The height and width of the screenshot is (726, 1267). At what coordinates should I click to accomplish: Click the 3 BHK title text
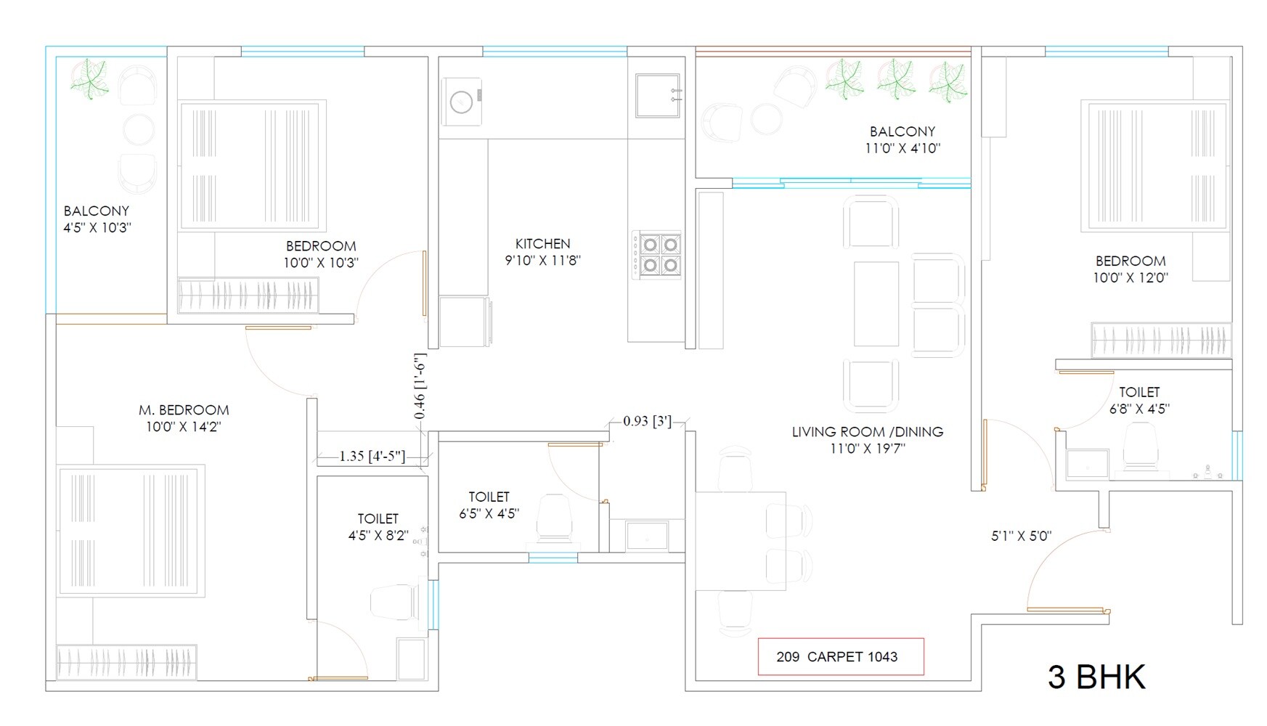(x=1096, y=677)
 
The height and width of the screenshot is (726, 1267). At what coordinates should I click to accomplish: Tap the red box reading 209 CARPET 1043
(x=840, y=657)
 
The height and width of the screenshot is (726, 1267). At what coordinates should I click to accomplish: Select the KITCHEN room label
(x=542, y=244)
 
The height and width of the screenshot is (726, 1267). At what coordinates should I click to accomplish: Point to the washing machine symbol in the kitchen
(x=462, y=102)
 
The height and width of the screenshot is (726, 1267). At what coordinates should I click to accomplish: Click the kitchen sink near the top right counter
(x=657, y=95)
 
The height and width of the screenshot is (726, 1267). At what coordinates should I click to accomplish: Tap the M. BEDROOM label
(x=184, y=410)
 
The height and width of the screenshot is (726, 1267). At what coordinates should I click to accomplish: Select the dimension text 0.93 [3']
(x=646, y=421)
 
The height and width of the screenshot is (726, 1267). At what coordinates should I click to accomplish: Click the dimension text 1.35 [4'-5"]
(x=372, y=457)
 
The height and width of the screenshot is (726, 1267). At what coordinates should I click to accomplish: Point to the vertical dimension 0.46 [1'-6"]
(x=420, y=386)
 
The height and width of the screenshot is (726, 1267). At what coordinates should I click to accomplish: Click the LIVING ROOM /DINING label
(x=867, y=432)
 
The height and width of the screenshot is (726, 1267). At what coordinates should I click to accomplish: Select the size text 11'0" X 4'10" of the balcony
(x=902, y=148)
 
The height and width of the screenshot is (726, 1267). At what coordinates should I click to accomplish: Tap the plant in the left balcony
(x=90, y=78)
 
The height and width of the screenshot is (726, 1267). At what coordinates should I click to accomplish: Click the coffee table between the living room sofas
(x=876, y=303)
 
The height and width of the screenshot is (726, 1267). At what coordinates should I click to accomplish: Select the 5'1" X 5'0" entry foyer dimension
(x=1021, y=537)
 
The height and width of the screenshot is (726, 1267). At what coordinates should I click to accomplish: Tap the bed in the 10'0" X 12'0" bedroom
(x=1154, y=166)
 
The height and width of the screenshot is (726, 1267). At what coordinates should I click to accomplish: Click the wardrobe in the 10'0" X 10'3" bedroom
(x=248, y=295)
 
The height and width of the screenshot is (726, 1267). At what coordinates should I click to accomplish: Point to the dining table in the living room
(x=741, y=540)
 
